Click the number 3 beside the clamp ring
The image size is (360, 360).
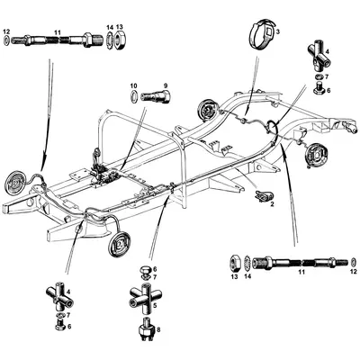click(277, 32)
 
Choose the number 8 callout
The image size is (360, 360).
click(159, 330)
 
